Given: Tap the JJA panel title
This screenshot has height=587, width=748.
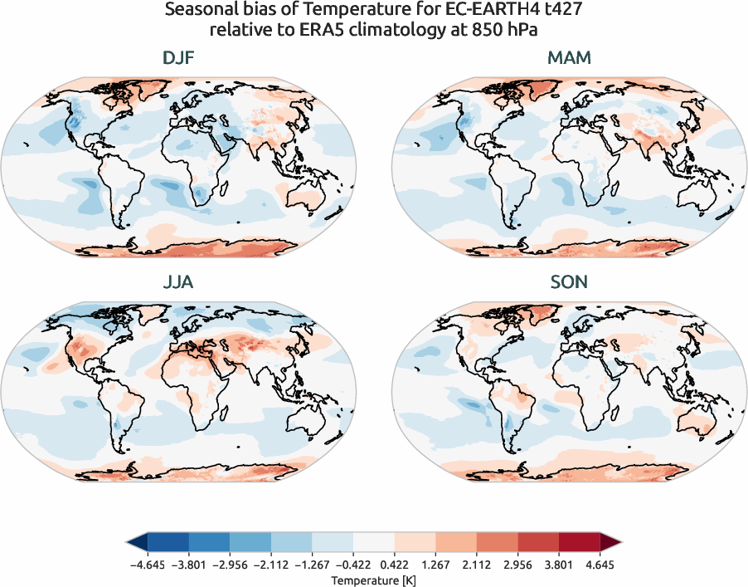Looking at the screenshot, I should pos(180,282).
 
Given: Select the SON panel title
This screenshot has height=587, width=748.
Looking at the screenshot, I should pos(569,282).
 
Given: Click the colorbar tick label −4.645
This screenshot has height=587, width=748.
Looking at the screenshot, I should pos(148,564).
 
